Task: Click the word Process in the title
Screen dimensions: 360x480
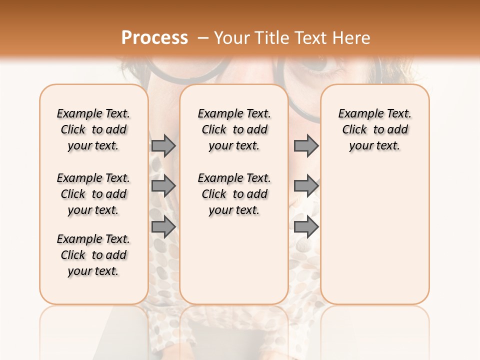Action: pos(154,37)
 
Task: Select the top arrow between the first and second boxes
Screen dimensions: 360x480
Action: pos(163,146)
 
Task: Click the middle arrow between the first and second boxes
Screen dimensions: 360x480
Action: pos(163,186)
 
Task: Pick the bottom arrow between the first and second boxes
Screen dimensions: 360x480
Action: pos(163,227)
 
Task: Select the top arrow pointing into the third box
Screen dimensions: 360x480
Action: pos(306,146)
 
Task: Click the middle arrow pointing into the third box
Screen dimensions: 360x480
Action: pos(306,186)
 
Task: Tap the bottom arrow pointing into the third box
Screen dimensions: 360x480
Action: pos(306,227)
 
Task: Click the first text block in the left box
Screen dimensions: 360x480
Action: pos(93,129)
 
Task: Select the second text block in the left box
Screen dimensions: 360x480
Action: pos(93,194)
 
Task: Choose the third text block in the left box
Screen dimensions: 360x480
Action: pos(93,255)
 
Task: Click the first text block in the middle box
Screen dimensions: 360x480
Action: pos(234,129)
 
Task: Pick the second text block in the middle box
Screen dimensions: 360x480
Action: pos(234,194)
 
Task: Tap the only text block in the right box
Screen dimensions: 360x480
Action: pos(374,129)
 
